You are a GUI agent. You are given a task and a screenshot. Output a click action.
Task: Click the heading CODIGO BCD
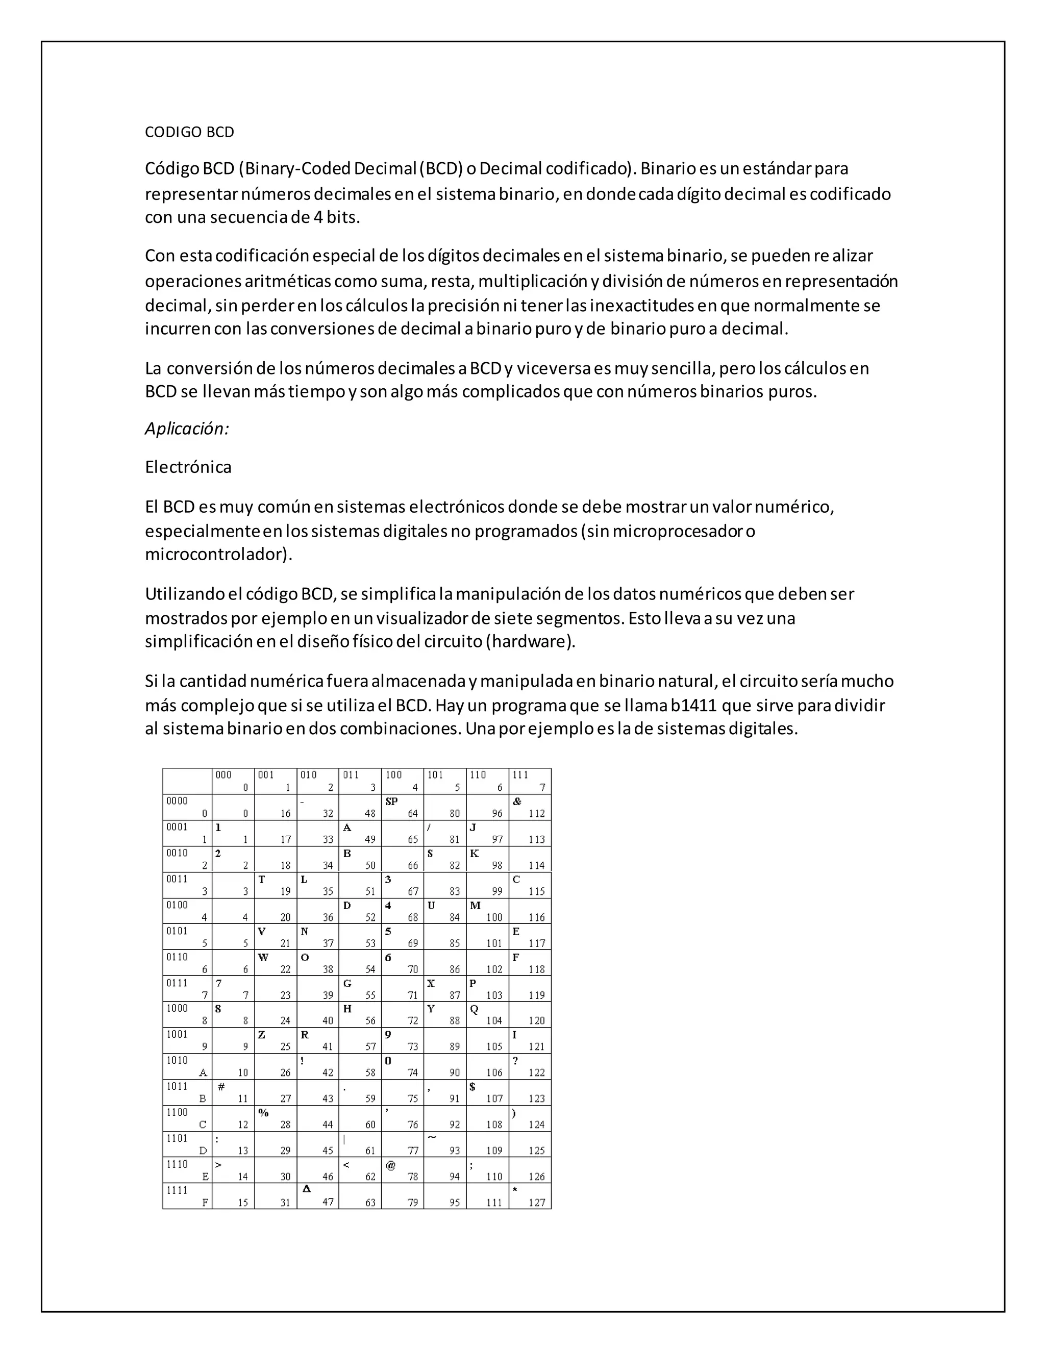tap(189, 132)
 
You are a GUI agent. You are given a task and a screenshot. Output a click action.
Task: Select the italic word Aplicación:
tap(187, 429)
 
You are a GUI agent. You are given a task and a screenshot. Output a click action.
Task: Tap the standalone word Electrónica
tap(188, 467)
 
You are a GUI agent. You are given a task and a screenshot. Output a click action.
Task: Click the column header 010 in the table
tap(308, 775)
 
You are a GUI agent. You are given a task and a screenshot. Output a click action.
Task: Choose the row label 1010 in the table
tap(177, 1061)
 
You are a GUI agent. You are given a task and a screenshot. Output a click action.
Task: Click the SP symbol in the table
tap(391, 802)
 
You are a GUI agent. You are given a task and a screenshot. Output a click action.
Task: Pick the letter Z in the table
tap(262, 1035)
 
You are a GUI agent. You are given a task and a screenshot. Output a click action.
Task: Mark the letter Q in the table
tap(474, 1009)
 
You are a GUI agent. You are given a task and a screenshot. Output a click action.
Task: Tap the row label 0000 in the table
tap(177, 801)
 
